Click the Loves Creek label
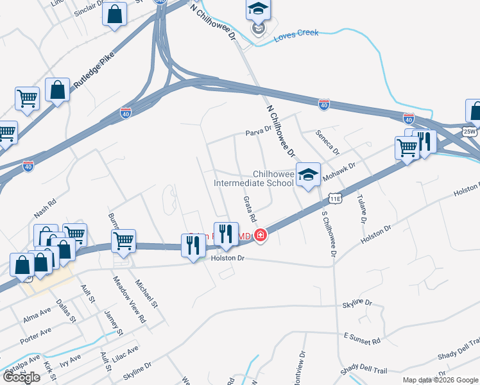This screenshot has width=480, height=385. (x=296, y=33)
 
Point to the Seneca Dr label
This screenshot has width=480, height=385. (x=326, y=141)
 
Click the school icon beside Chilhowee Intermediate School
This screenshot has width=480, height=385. (x=308, y=175)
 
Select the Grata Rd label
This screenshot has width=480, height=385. (x=249, y=210)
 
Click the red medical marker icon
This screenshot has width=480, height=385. (x=261, y=236)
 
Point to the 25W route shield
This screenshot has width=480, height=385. (x=470, y=132)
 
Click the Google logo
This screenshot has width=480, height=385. (x=21, y=377)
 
